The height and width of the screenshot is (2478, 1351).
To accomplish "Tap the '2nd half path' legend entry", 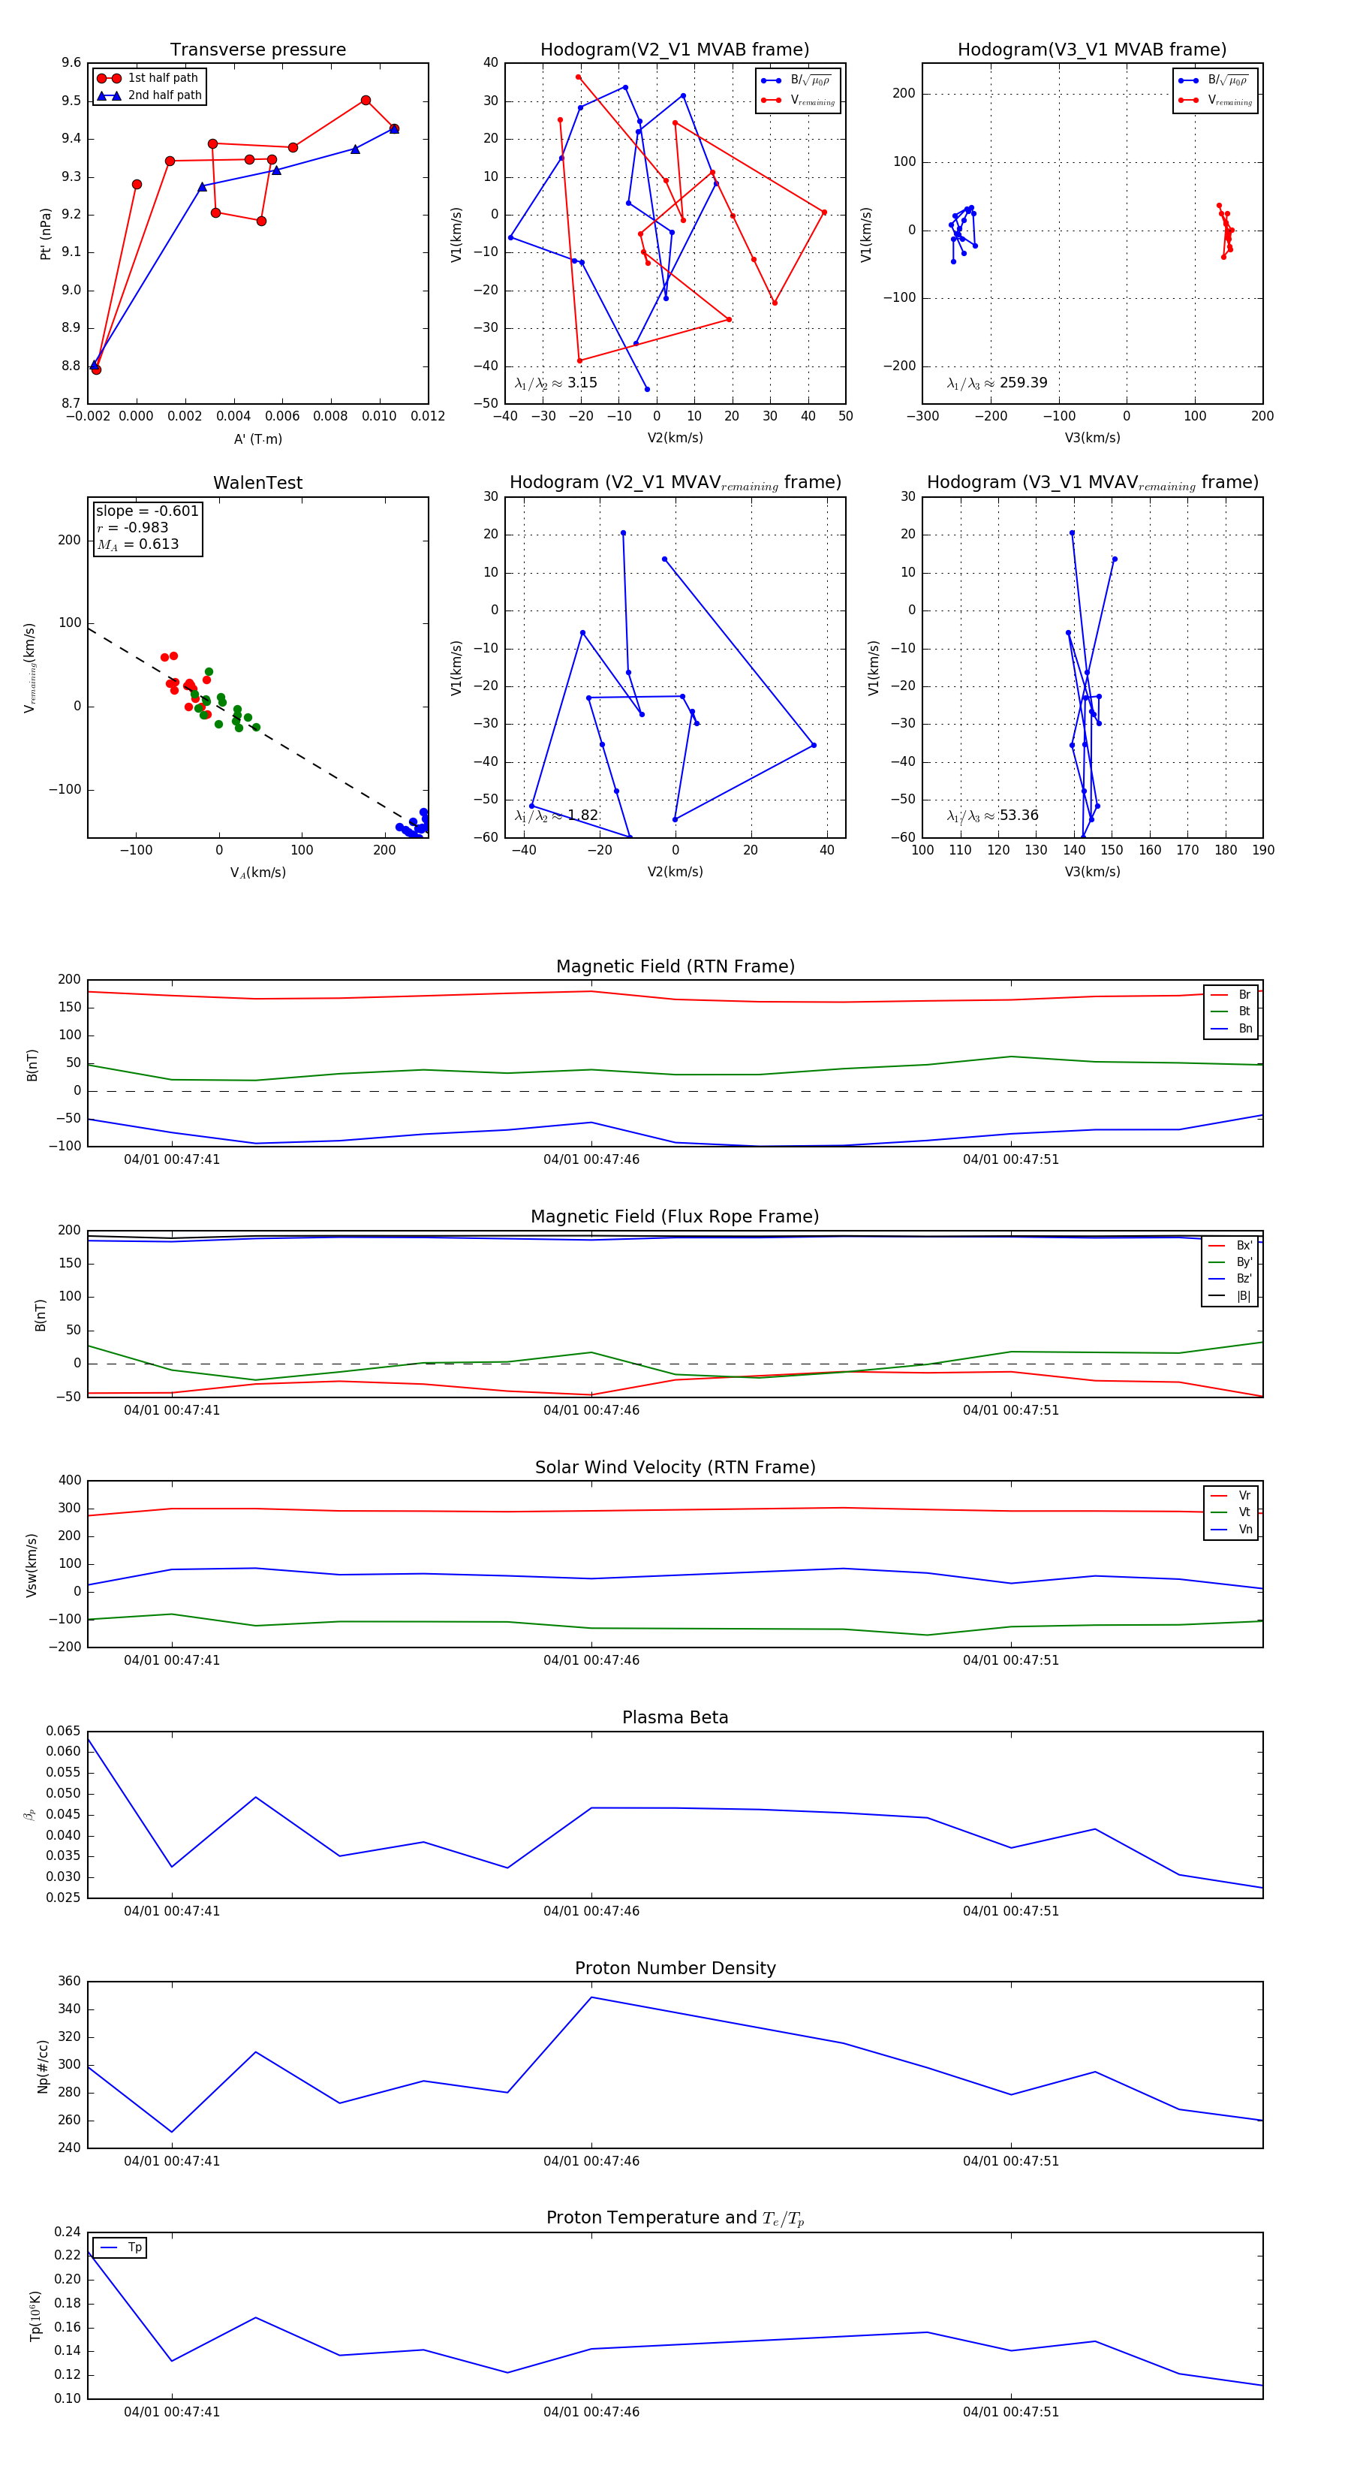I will [164, 95].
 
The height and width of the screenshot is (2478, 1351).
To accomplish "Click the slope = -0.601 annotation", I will [146, 511].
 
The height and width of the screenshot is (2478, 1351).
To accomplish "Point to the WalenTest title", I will [257, 483].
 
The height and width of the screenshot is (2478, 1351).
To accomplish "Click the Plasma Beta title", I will [675, 1717].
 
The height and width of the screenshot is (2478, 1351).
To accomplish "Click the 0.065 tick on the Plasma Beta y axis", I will [64, 1732].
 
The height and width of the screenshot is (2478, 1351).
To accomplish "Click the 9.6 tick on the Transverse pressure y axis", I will [71, 64].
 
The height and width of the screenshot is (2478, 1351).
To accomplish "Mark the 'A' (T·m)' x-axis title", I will [257, 439].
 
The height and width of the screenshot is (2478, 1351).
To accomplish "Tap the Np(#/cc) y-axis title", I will [42, 2067].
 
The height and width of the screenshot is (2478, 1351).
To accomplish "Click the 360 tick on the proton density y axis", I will [69, 1982].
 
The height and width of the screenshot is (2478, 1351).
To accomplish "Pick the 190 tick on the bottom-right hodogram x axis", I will [1262, 850].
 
